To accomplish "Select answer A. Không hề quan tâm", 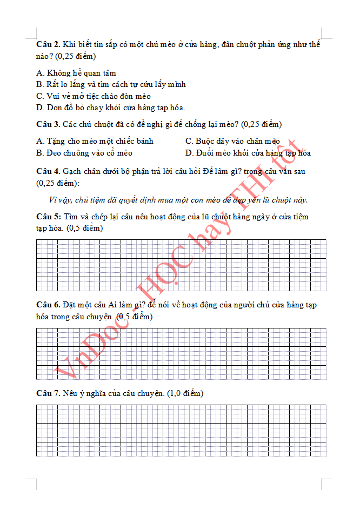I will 76,73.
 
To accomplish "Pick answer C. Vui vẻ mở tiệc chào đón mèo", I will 94,96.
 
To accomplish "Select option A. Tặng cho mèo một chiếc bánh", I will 95,141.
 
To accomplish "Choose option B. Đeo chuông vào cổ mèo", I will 84,153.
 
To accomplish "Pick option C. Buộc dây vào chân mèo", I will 232,141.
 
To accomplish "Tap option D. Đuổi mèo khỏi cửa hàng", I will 248,153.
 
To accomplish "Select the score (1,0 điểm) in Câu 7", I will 185,393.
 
